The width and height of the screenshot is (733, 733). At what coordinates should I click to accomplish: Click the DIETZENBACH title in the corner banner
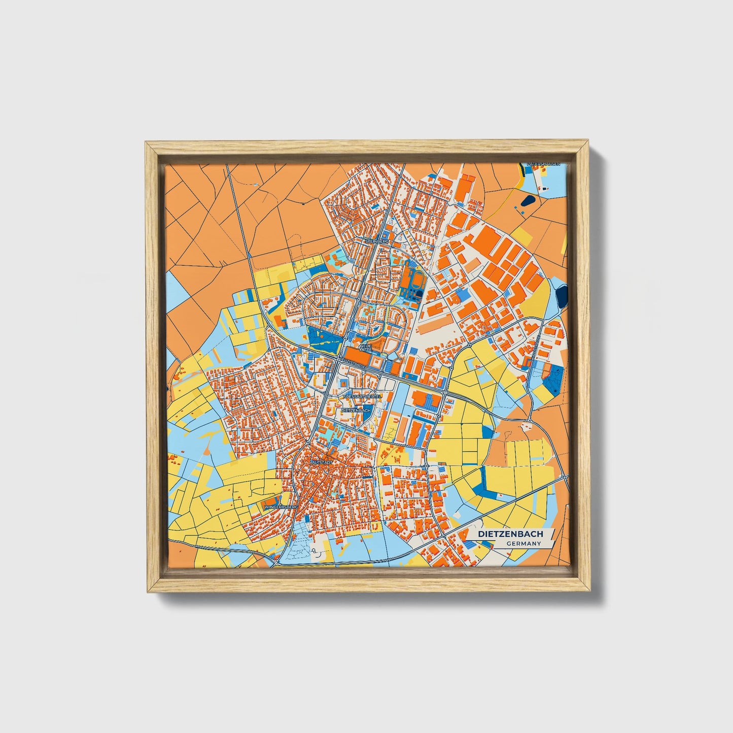point(511,534)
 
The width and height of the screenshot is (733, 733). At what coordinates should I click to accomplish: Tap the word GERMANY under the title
point(523,544)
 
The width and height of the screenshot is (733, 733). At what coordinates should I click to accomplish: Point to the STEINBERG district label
point(376,241)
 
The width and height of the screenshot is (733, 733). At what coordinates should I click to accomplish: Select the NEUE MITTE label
point(365,348)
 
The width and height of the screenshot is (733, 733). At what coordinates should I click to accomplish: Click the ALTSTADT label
point(321,463)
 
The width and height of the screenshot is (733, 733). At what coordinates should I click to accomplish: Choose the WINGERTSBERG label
point(280,506)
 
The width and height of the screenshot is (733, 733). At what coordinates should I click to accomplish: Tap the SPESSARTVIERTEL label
point(362,397)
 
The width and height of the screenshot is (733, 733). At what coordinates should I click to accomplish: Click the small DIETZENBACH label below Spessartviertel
point(357,410)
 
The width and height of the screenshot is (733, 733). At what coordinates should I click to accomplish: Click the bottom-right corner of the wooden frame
point(590,591)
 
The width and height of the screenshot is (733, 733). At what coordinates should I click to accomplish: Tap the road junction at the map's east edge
point(566,477)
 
